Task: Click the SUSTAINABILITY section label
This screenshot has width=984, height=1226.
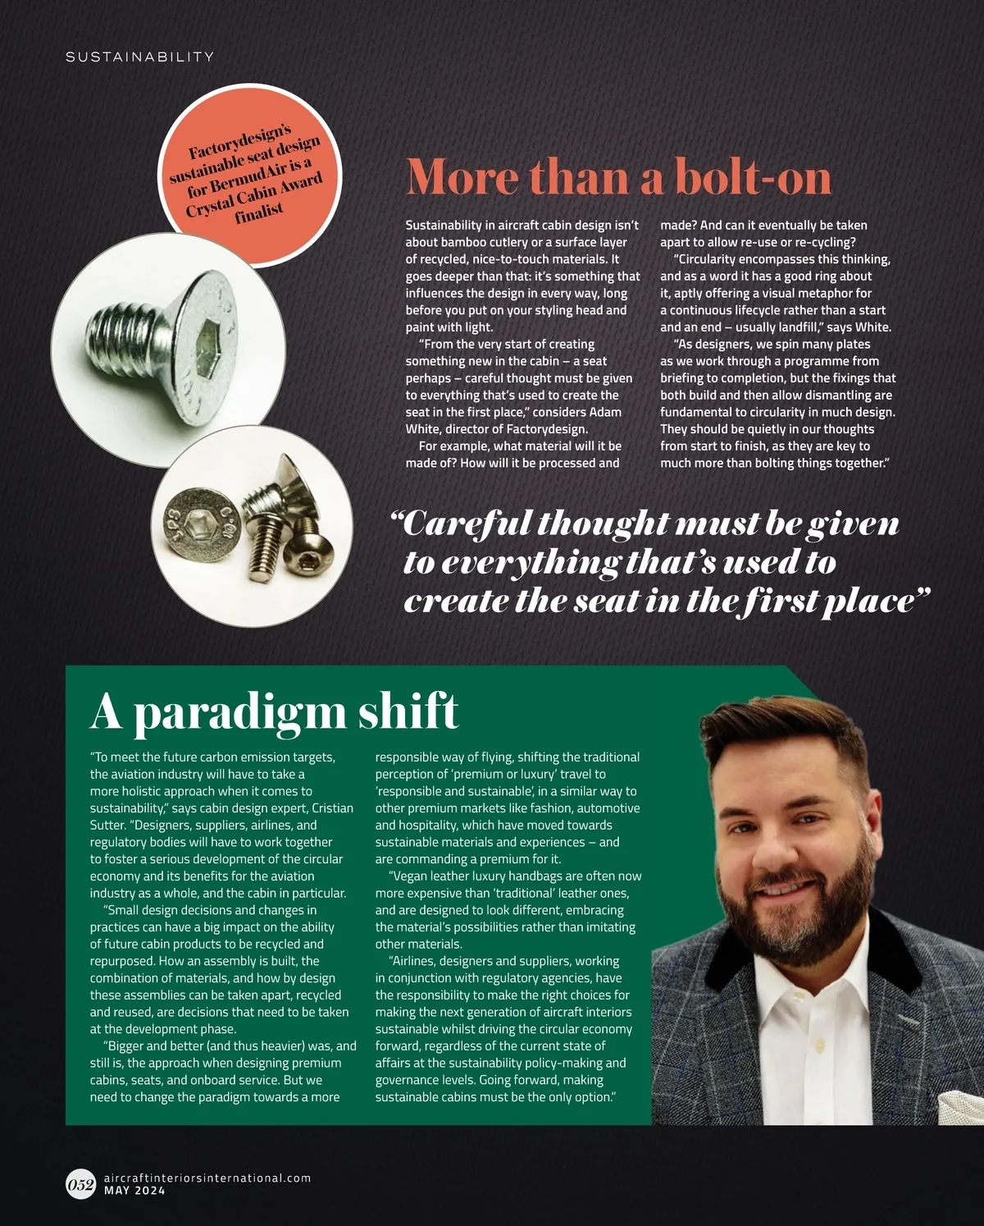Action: pos(139,57)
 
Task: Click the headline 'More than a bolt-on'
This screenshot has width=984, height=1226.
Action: pos(618,176)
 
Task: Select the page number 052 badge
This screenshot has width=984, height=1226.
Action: pos(80,1184)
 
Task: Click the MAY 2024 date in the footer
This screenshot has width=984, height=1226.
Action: pos(134,1191)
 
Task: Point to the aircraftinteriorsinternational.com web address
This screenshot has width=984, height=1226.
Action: pos(207,1178)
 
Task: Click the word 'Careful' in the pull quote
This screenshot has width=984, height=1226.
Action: pos(459,524)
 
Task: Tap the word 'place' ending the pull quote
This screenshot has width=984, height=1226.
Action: pos(872,601)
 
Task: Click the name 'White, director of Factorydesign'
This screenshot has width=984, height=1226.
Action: pos(496,429)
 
